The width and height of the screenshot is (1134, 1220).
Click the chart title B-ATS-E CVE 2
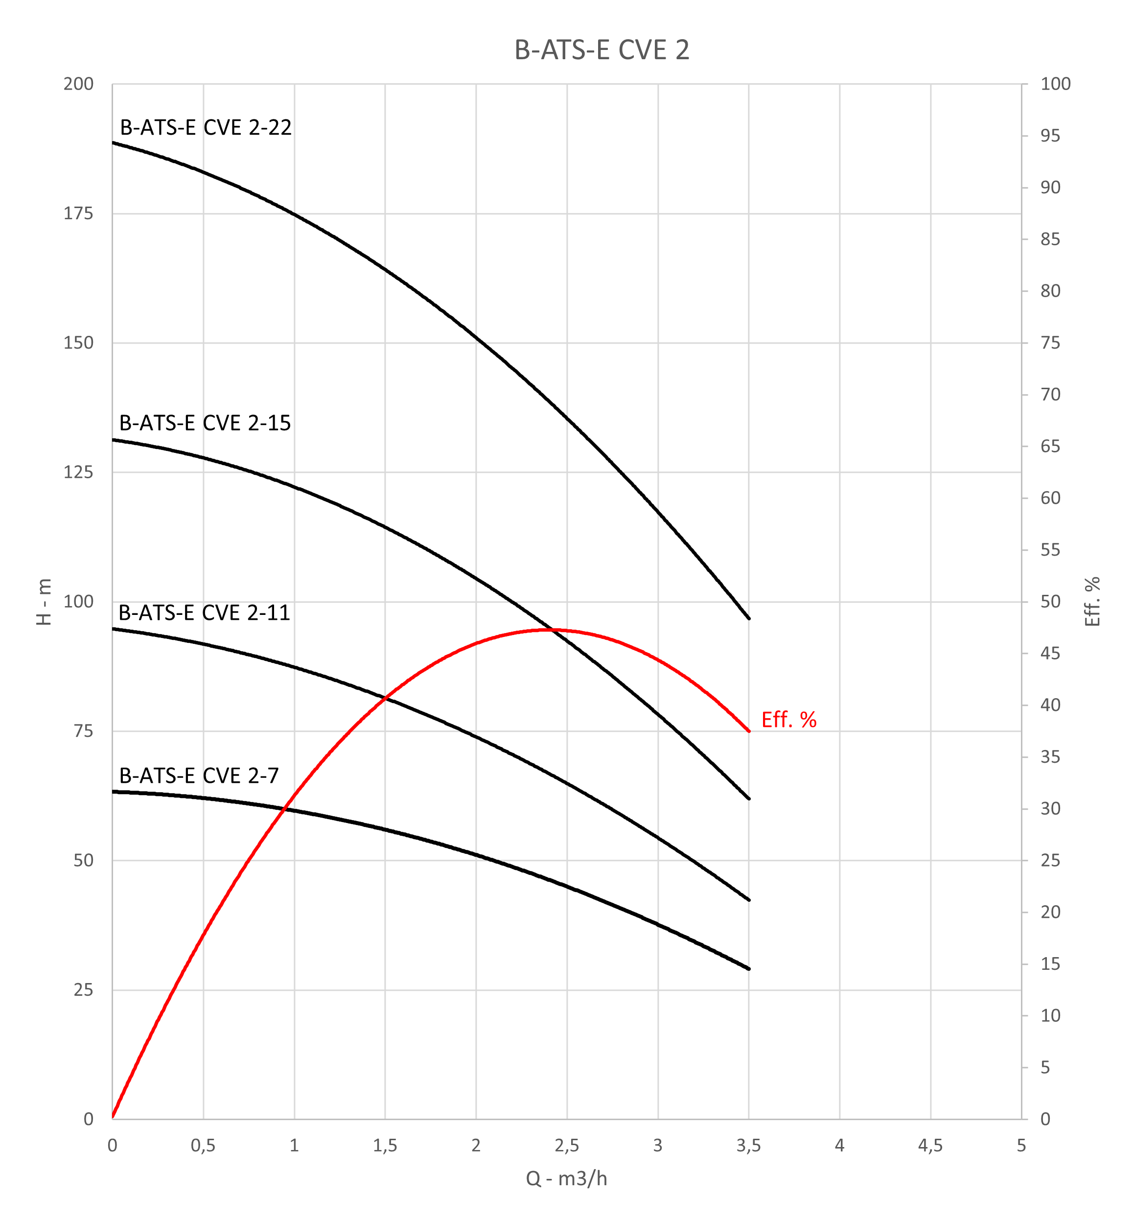[x=602, y=50]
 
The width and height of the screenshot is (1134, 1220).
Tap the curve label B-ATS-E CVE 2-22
[x=206, y=128]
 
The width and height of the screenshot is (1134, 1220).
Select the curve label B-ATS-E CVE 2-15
[x=205, y=423]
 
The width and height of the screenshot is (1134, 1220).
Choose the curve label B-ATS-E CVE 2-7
[x=199, y=776]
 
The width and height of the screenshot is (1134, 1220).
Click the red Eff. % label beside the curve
[x=788, y=720]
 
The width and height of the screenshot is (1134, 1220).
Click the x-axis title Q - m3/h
[x=566, y=1178]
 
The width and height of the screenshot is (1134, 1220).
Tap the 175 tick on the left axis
[x=78, y=213]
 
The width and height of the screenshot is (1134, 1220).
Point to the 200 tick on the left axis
[x=78, y=84]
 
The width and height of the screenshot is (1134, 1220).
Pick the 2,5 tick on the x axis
[x=566, y=1146]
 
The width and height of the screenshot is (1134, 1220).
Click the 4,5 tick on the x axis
[x=930, y=1146]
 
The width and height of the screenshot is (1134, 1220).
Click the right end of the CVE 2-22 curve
[x=749, y=619]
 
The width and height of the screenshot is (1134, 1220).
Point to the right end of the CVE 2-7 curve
[x=749, y=969]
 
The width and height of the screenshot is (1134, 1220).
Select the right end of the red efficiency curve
[x=749, y=731]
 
